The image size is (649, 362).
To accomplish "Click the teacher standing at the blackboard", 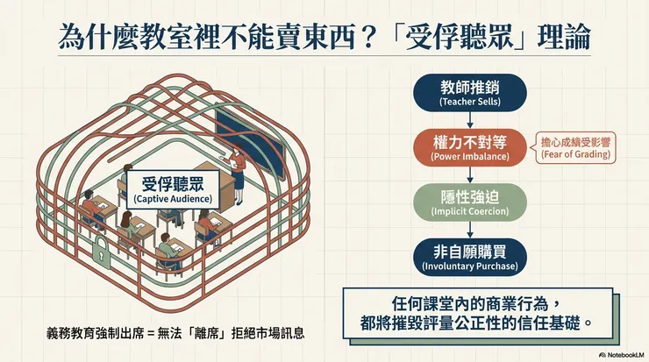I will coord(239,170).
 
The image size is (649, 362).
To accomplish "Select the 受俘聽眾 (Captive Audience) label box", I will coord(173,187).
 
